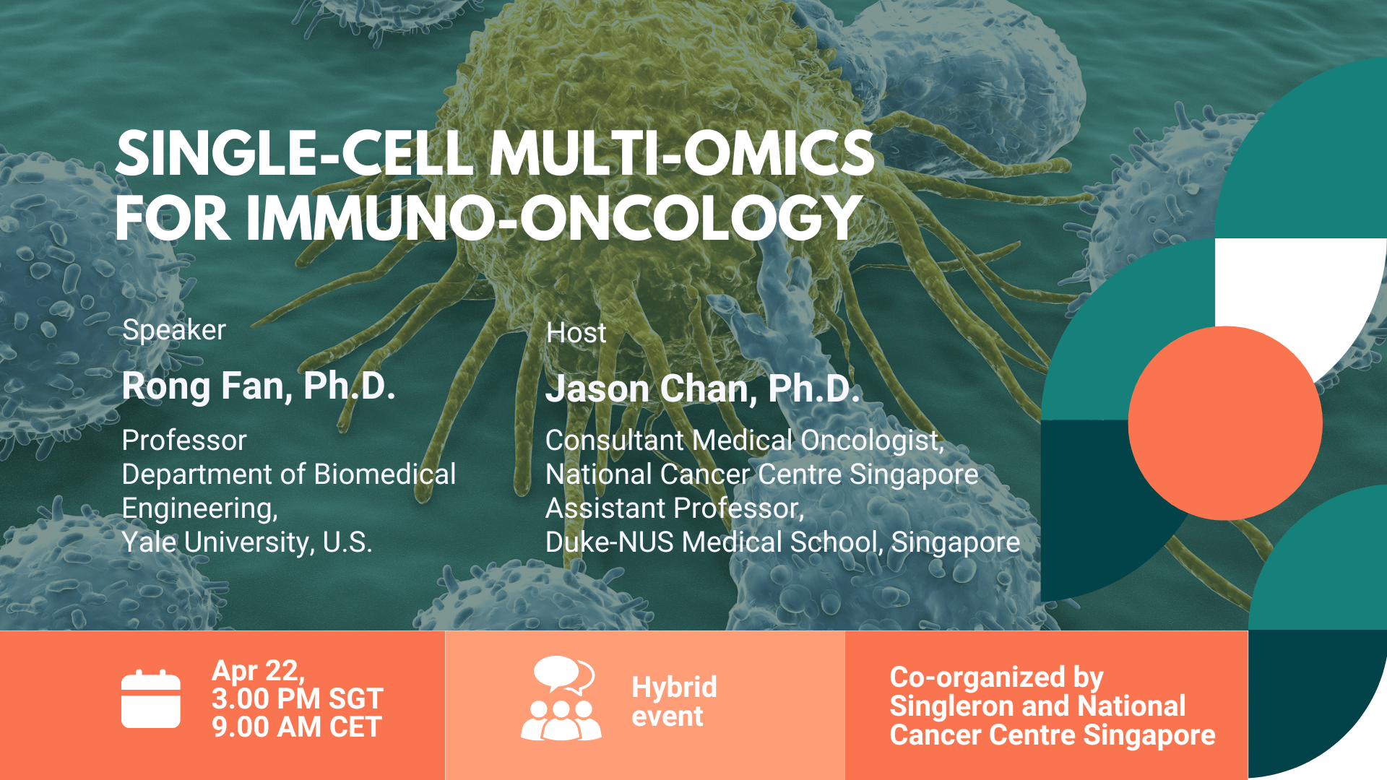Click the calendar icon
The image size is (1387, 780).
150,699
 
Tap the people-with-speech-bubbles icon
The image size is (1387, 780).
561,698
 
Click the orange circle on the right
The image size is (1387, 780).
1225,423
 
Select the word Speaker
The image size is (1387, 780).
174,330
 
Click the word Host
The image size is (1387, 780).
576,333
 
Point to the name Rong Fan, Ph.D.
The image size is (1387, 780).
259,386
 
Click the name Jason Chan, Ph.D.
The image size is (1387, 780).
702,389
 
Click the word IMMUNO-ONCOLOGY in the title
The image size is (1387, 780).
553,219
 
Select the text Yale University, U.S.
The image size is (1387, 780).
246,542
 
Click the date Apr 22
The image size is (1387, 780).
257,671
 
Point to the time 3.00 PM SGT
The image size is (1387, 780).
297,699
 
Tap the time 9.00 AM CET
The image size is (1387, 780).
296,727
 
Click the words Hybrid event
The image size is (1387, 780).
673,701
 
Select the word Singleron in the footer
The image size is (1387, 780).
942,706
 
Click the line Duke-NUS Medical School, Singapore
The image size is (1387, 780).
782,542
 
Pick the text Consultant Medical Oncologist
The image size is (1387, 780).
744,441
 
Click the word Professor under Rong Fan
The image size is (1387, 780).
184,441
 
